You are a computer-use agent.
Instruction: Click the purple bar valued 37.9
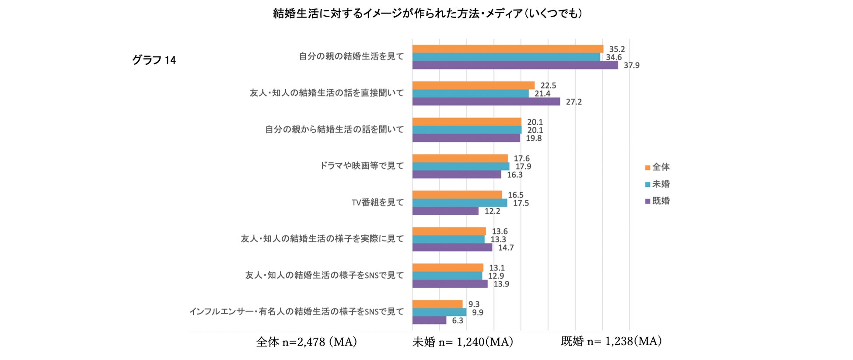[x=515, y=65]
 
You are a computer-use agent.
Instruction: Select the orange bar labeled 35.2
[x=507, y=49]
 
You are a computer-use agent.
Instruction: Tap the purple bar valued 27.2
[x=486, y=101]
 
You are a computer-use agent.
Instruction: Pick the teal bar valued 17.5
[x=460, y=203]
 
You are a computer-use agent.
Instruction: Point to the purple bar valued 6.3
[x=429, y=320]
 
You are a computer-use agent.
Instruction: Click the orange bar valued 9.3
[x=437, y=304]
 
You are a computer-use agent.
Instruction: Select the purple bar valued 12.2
[x=445, y=211]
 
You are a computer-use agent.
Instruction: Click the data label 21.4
[x=542, y=94]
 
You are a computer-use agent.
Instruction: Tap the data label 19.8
[x=534, y=138]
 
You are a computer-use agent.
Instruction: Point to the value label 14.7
[x=506, y=248]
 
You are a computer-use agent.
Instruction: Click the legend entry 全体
[x=657, y=167]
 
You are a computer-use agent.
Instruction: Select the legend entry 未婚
[x=657, y=184]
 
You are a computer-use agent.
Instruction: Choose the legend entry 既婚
[x=657, y=201]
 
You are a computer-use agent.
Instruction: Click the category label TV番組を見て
[x=378, y=203]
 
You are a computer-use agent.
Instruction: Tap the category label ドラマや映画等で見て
[x=362, y=166]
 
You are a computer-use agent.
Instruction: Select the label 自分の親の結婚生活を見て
[x=351, y=56]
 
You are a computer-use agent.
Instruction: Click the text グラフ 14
[x=154, y=60]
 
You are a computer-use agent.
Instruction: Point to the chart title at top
[x=427, y=14]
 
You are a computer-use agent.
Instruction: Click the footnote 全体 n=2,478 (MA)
[x=307, y=342]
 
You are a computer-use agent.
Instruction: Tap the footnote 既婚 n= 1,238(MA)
[x=611, y=341]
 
